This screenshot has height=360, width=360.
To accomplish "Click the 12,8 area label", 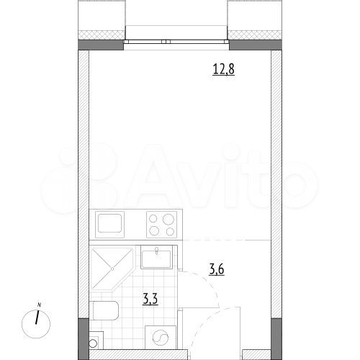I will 222,70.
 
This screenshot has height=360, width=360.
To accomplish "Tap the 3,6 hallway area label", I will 217,270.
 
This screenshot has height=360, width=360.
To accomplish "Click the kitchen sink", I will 110,224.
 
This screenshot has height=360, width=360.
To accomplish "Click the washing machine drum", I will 161,339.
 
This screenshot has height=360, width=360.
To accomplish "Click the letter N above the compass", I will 40,303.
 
